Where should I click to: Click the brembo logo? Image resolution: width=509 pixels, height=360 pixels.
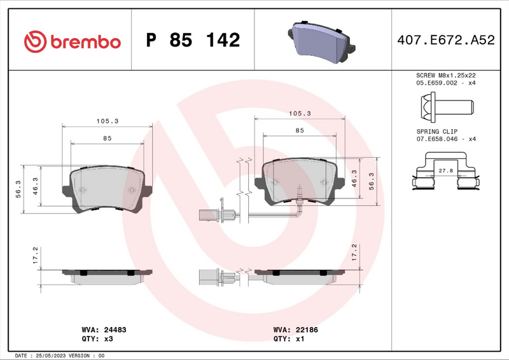click(71, 41)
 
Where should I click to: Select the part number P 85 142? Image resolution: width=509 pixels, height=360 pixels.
click(193, 41)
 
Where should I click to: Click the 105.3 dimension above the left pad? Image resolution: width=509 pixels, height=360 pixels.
click(108, 121)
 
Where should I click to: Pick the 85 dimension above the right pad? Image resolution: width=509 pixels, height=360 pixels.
click(299, 130)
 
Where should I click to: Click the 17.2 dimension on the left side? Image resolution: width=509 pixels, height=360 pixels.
click(36, 256)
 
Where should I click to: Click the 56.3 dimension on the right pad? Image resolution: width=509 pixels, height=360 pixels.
click(370, 182)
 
